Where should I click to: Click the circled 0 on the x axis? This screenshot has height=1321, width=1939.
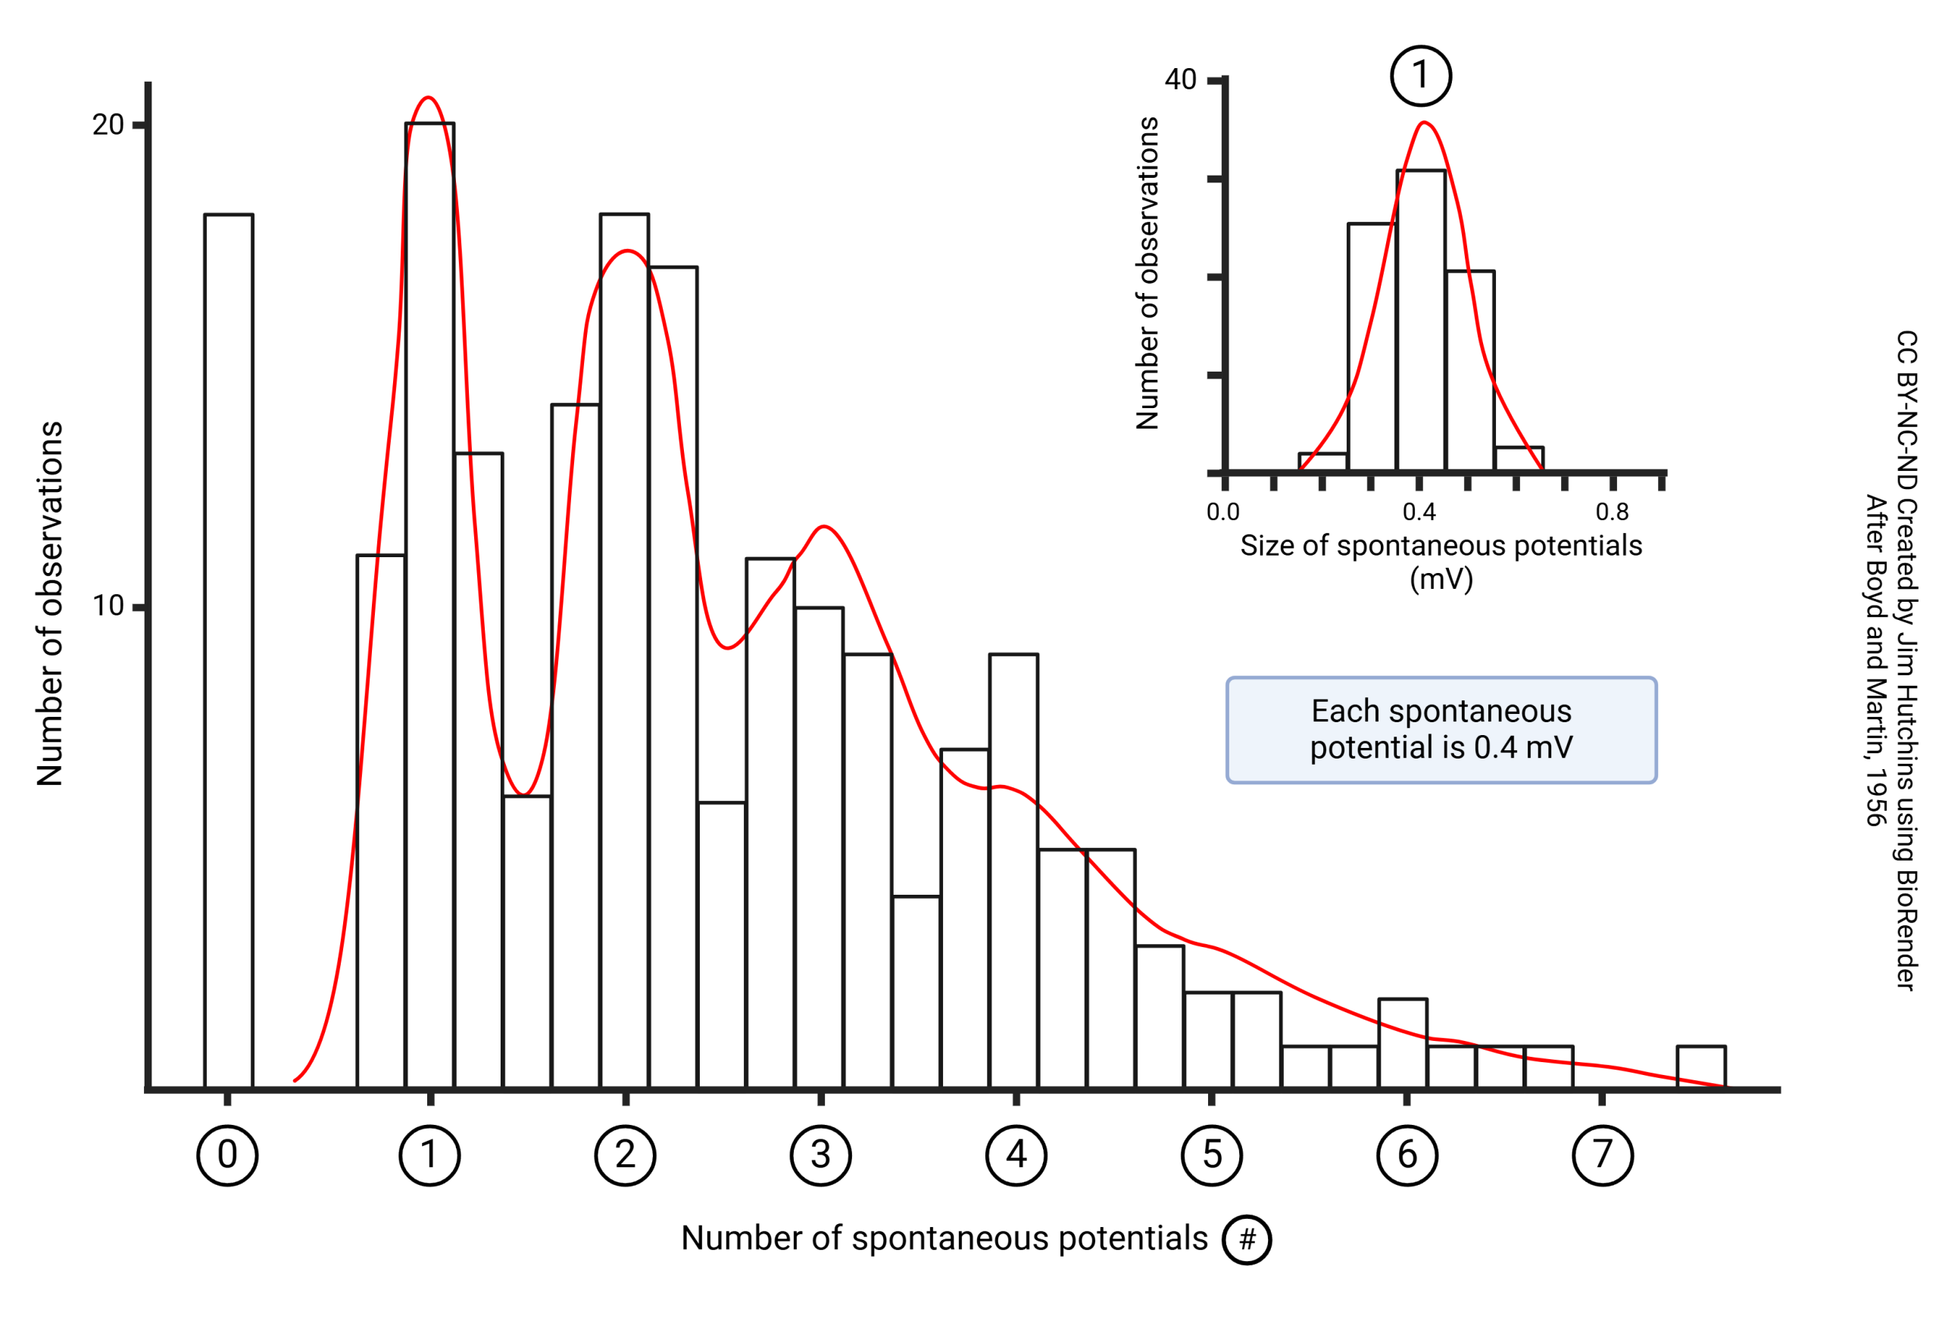[x=227, y=1155]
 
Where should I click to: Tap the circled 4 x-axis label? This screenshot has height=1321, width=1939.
[x=1016, y=1155]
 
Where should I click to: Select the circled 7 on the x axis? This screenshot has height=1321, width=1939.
[x=1602, y=1155]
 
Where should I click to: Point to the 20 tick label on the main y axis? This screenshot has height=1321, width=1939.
[x=108, y=125]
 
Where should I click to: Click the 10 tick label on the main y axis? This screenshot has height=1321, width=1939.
[x=108, y=606]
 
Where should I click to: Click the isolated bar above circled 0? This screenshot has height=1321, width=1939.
[x=229, y=650]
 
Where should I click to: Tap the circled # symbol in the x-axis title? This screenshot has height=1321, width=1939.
[x=1247, y=1239]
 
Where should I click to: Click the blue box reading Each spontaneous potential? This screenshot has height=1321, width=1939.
[x=1441, y=730]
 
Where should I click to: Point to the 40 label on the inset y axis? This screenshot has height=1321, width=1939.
[x=1180, y=80]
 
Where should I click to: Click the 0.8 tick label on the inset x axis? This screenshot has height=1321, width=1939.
[x=1611, y=512]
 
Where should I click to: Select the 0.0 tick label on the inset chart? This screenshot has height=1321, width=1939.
[x=1222, y=512]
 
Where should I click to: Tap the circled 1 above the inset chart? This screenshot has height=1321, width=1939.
[x=1421, y=76]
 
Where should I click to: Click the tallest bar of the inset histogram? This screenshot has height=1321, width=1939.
[x=1421, y=321]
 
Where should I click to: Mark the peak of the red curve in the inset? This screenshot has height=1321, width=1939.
[x=1424, y=123]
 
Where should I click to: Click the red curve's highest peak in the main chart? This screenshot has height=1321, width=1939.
[x=428, y=98]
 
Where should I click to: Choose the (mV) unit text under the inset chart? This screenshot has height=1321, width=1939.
[x=1441, y=579]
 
